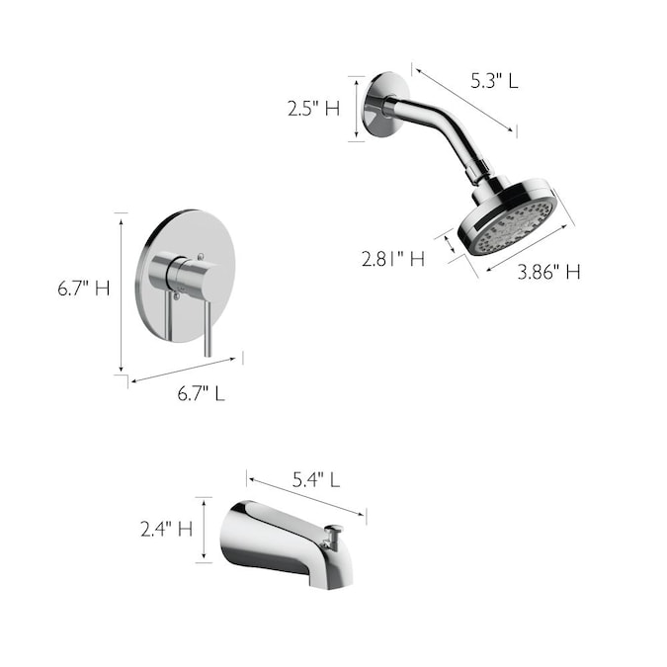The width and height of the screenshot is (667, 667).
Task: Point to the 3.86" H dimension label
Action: (x=549, y=271)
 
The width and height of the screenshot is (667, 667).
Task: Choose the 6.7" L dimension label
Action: (x=201, y=392)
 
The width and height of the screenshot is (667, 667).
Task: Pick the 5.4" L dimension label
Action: (x=316, y=480)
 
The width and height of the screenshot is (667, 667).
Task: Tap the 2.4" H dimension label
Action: (x=166, y=529)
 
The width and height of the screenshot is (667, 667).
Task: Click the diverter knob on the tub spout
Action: (x=334, y=536)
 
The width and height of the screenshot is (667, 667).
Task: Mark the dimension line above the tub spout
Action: (x=306, y=498)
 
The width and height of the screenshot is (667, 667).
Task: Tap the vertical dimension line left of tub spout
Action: (x=204, y=530)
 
